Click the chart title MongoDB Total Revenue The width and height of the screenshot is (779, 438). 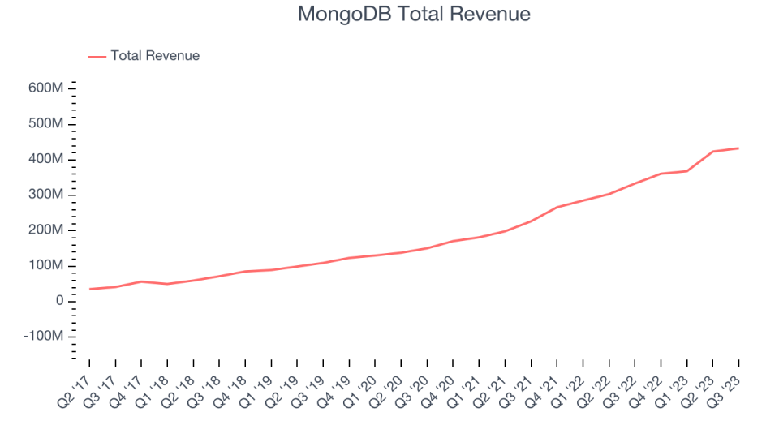414,15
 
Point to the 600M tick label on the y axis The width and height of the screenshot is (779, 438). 47,88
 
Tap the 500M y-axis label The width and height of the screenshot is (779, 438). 47,123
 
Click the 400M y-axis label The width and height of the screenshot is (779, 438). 47,159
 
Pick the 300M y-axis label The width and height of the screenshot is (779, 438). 47,195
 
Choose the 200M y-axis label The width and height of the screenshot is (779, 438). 47,230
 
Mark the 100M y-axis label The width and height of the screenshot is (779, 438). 47,266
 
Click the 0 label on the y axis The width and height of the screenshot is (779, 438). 60,301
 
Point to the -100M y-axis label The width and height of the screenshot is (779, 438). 44,337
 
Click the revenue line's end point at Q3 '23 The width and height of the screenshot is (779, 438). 738,148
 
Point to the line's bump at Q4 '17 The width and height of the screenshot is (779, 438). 141,281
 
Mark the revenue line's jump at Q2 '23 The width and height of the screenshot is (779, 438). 712,152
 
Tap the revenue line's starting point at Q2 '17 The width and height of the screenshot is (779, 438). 89,289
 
